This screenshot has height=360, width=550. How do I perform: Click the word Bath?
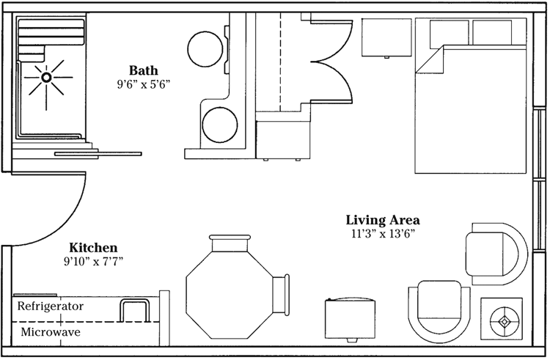(x=144, y=70)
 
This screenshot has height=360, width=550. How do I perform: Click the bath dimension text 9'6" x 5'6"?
(x=144, y=84)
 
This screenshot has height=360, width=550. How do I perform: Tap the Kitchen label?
(x=93, y=248)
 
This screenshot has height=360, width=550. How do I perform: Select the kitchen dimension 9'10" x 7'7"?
(x=93, y=262)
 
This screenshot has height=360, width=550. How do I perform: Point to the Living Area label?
(x=383, y=220)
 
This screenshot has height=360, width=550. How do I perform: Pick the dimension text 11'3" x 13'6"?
(x=383, y=234)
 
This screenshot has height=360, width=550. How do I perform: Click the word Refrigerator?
(x=51, y=306)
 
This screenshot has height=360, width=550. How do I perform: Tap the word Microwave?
(x=51, y=332)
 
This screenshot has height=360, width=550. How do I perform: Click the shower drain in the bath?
(x=46, y=77)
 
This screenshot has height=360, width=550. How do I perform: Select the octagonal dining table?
(x=230, y=295)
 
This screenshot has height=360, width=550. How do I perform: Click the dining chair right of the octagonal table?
(x=281, y=294)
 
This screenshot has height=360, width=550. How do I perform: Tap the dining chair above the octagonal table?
(x=230, y=243)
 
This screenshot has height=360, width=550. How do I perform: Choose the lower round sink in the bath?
(x=219, y=125)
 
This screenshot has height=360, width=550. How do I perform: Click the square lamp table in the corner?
(x=502, y=320)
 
